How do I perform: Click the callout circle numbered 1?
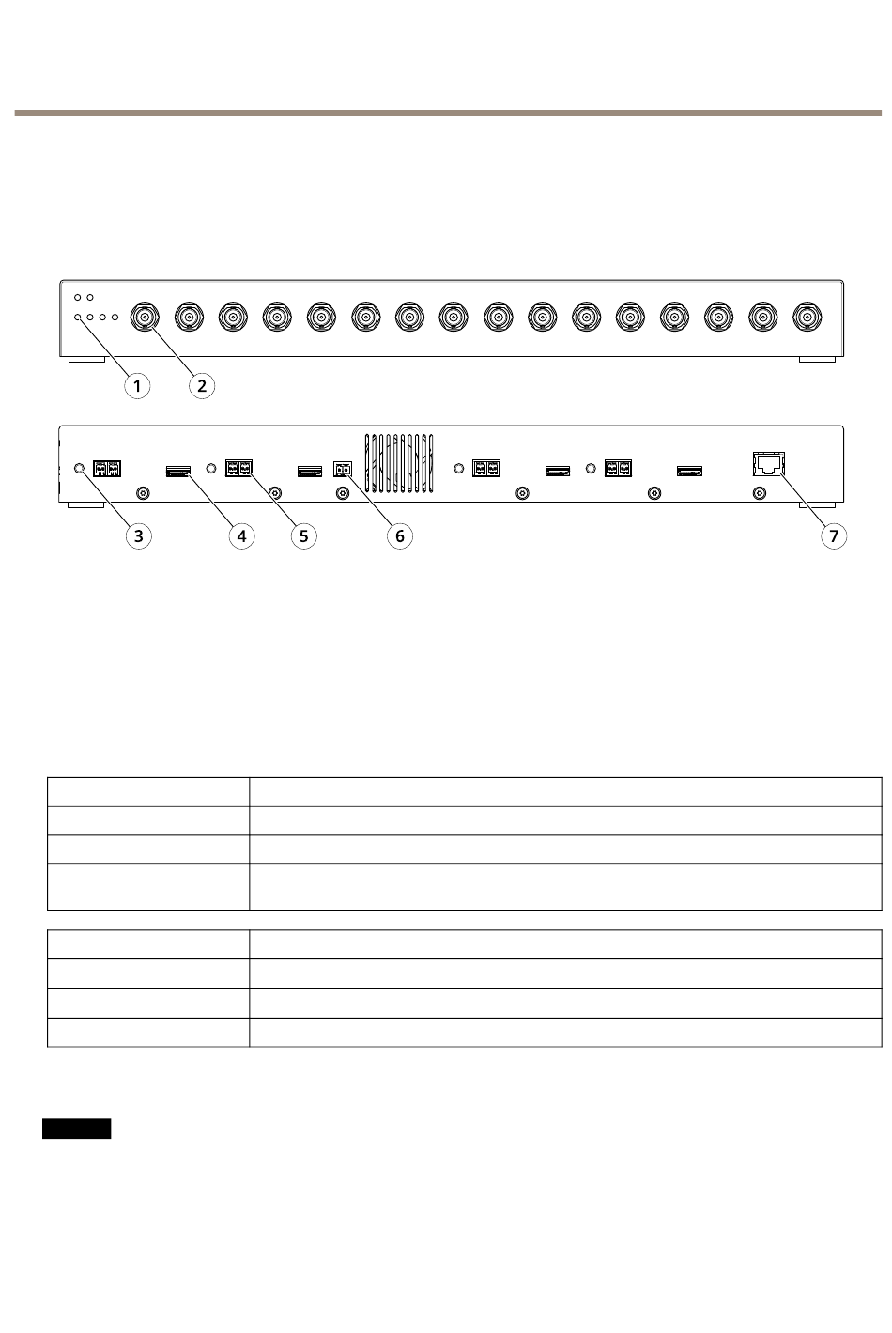(137, 385)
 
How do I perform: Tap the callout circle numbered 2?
(201, 385)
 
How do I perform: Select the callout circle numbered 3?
(139, 535)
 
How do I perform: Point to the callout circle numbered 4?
(241, 535)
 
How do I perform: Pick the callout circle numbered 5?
(303, 535)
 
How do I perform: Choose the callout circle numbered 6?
(399, 535)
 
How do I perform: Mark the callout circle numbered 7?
(833, 535)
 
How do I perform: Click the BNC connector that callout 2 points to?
(146, 318)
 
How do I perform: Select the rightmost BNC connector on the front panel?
(807, 318)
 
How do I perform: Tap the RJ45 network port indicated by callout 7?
(768, 463)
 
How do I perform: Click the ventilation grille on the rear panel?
(399, 463)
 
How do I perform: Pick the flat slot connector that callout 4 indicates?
(177, 471)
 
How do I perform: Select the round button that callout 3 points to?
(80, 468)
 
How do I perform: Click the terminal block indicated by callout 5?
(238, 467)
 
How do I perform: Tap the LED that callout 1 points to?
(78, 318)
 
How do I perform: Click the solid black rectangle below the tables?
(76, 1128)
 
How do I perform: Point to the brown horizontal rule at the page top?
(446, 113)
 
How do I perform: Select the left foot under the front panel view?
(86, 360)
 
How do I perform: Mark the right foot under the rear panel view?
(816, 505)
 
